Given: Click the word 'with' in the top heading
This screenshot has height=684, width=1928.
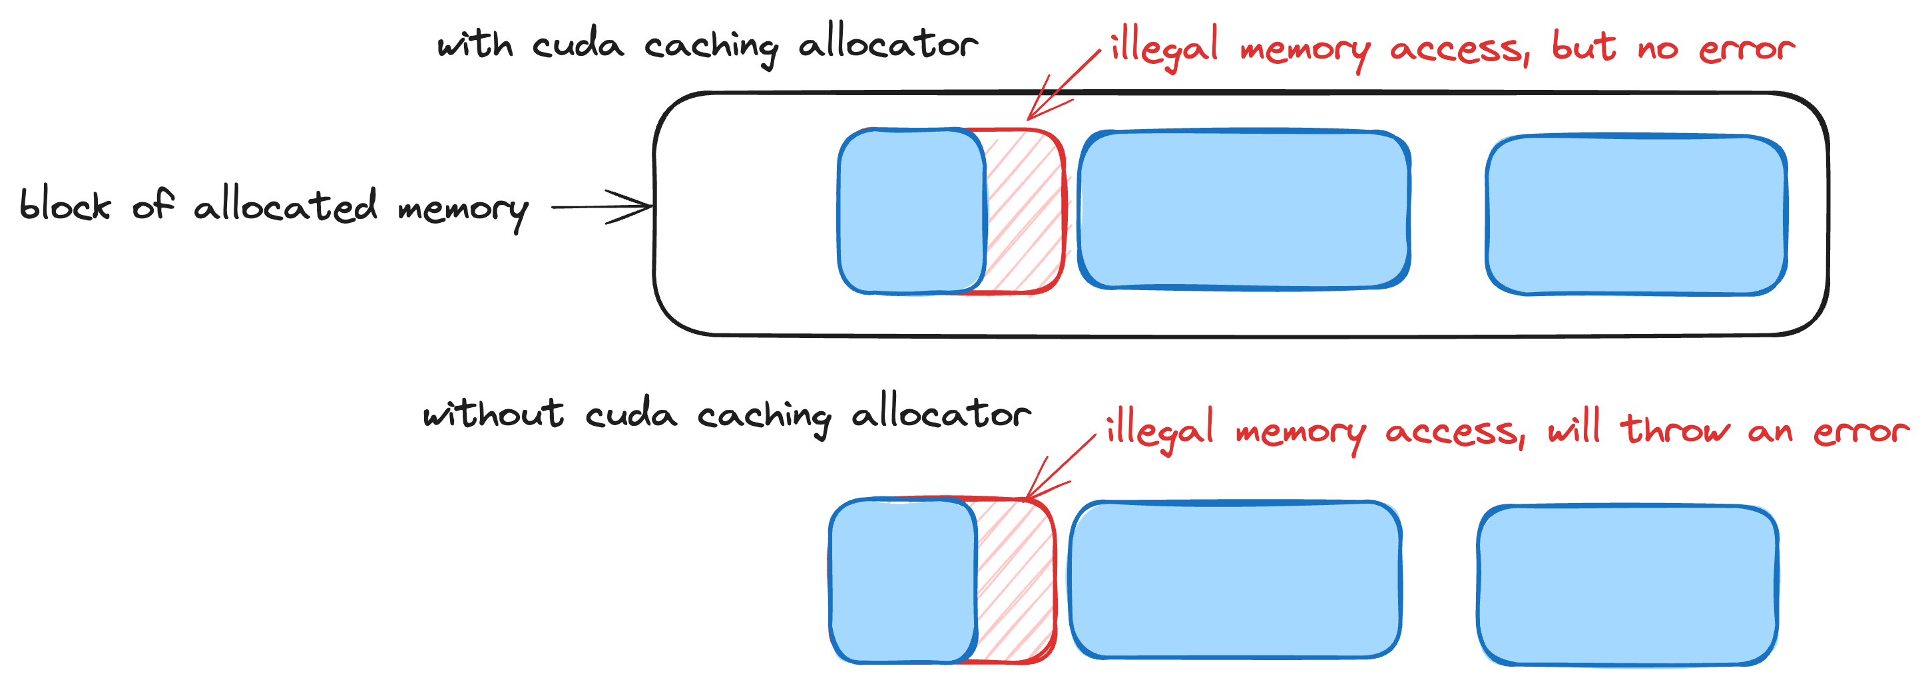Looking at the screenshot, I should tap(475, 44).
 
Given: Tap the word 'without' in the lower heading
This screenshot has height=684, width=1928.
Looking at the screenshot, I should tap(493, 413).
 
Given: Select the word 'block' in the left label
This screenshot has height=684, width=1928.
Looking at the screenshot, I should tap(65, 205).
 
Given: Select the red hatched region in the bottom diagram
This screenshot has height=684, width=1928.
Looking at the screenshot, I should tap(1015, 581).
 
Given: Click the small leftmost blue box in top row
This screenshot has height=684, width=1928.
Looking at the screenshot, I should tap(911, 211).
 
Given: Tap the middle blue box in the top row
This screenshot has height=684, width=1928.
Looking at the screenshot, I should tap(1244, 210).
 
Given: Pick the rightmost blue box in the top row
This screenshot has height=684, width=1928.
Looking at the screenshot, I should tap(1636, 214).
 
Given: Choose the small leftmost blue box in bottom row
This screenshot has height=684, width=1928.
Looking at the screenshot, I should tap(903, 581).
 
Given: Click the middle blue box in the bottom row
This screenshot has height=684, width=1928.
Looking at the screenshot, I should tap(1235, 580).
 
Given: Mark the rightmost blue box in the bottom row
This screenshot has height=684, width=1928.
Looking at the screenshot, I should tap(1627, 586).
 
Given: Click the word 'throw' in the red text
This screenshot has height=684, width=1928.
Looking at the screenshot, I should tap(1675, 428).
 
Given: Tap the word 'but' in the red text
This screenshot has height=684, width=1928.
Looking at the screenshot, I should tap(1584, 47).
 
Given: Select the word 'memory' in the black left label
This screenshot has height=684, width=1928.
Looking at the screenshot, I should tap(463, 210).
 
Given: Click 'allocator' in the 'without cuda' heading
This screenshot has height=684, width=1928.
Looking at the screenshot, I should tap(941, 413).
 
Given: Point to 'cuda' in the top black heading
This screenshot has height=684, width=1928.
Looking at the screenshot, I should tap(578, 44).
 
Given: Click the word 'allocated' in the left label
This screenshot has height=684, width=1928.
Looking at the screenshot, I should tap(284, 205).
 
